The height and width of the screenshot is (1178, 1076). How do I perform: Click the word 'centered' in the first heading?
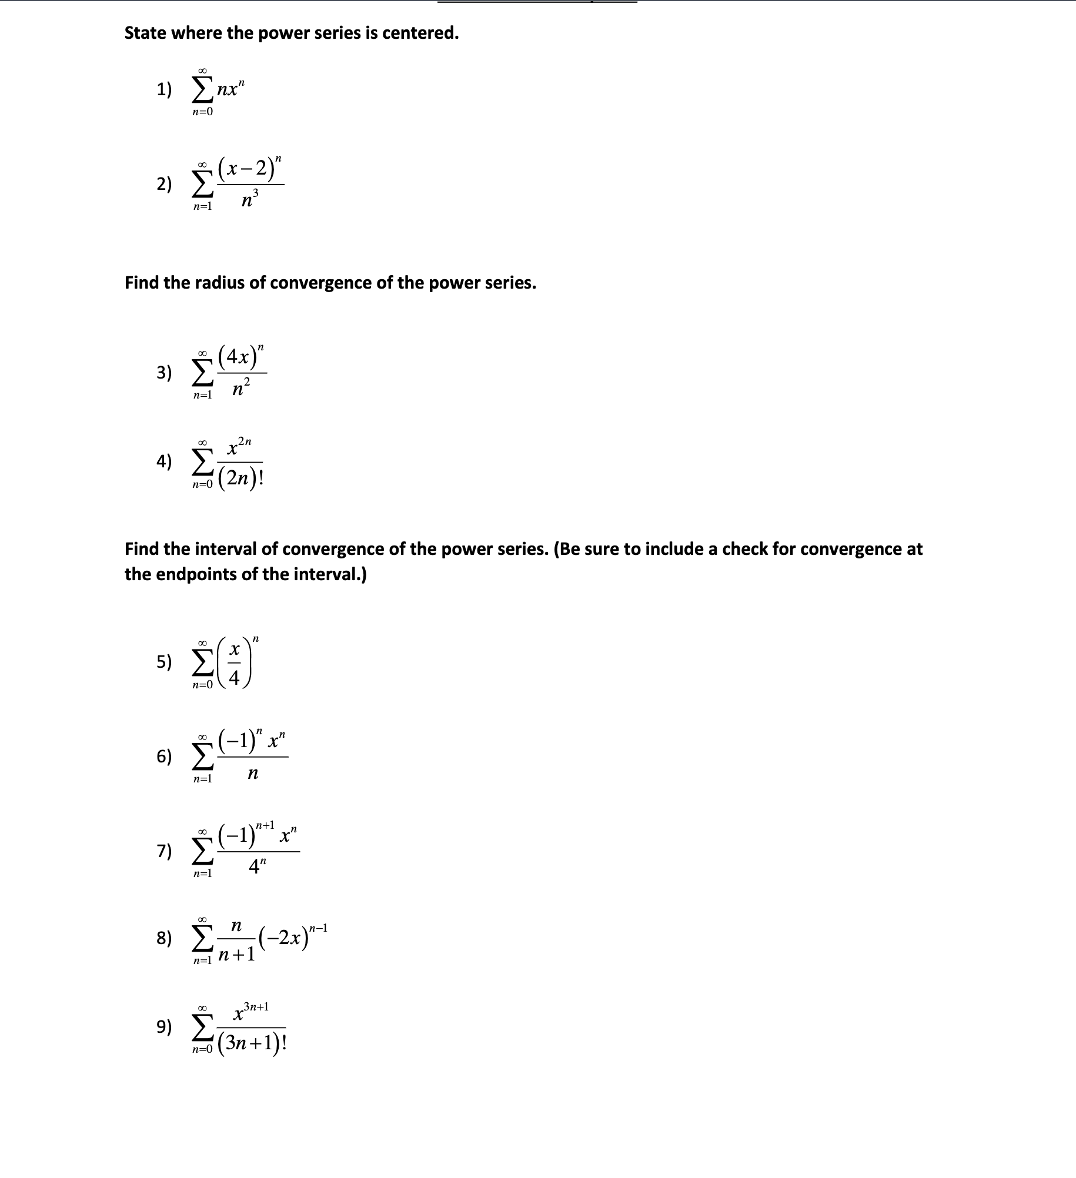coord(419,34)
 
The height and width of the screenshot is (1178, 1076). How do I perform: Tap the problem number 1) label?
coord(164,90)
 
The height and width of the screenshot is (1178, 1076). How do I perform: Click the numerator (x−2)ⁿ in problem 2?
coord(250,170)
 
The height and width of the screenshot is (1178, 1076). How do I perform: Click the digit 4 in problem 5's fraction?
coord(234,678)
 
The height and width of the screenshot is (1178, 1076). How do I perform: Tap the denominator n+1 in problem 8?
coord(236,953)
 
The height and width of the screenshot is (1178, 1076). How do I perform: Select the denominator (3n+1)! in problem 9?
coord(252,1043)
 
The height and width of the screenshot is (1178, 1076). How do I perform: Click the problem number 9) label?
coord(164,1026)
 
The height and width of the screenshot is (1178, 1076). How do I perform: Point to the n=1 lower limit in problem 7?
coord(202,874)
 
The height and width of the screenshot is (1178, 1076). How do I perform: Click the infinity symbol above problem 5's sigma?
coord(202,644)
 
